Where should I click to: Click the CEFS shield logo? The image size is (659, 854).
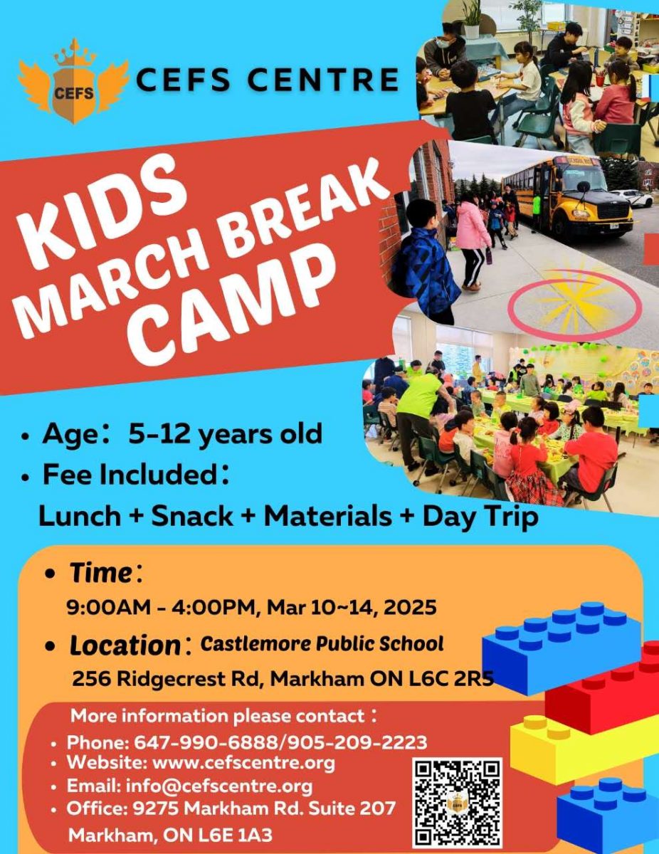(x=74, y=82)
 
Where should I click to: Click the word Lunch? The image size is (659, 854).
(x=80, y=516)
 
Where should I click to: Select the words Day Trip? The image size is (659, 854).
(x=480, y=517)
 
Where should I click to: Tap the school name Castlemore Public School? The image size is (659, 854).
(x=322, y=644)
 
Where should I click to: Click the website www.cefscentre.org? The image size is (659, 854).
(x=243, y=763)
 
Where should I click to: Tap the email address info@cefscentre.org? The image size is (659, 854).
(x=219, y=786)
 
